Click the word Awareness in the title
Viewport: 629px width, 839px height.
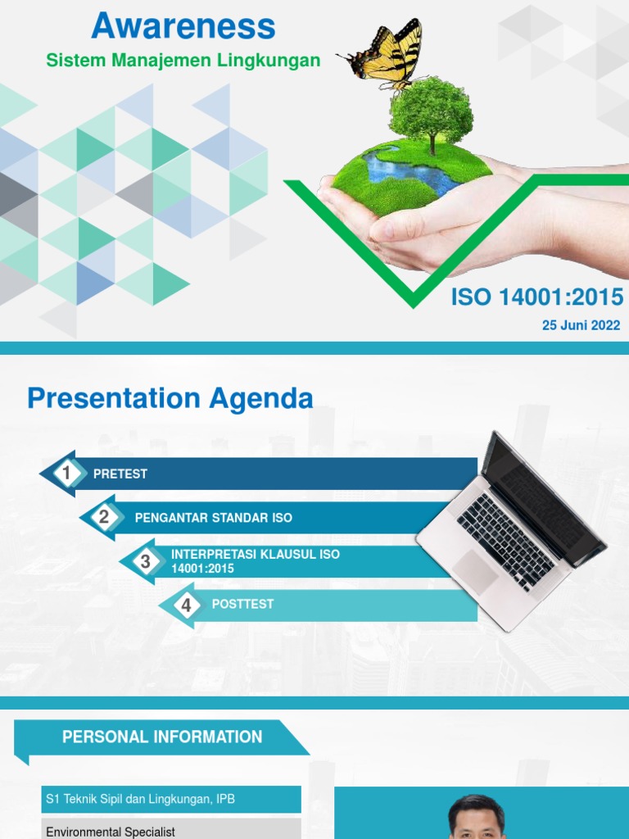pos(183,26)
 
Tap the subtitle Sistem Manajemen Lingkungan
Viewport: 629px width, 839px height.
pos(183,61)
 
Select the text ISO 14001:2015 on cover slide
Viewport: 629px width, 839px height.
pos(536,297)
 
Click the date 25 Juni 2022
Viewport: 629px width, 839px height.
pos(581,325)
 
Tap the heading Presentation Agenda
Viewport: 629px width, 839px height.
pos(170,399)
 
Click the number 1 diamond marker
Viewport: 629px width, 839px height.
pos(66,473)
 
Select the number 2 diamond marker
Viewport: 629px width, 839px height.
pos(104,517)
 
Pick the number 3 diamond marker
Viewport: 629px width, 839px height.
pos(145,562)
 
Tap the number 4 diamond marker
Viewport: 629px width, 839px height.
pos(186,605)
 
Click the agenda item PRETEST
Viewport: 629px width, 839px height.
pos(120,474)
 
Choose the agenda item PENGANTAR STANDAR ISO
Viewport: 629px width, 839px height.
pos(213,518)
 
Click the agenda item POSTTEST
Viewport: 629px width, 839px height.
pos(242,604)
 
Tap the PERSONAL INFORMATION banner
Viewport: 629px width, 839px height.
pos(162,737)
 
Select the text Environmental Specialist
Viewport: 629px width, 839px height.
pos(111,831)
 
